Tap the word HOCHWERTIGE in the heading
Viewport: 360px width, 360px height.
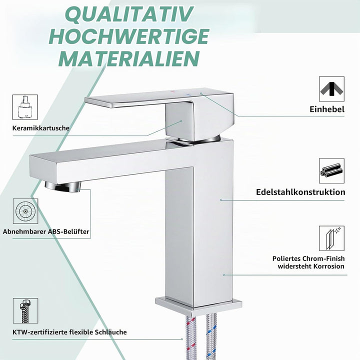129,36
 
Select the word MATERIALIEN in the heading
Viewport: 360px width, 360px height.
129,58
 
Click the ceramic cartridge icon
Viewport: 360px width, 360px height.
25,107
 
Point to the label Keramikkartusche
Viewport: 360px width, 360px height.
41,128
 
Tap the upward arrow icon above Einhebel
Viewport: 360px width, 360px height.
331,89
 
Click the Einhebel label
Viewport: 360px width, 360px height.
327,109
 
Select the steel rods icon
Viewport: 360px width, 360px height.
331,170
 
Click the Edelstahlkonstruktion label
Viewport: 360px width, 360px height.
300,192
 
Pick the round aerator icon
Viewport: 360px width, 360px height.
25,211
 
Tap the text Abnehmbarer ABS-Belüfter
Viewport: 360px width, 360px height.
46,231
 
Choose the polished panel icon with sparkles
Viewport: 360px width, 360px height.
331,238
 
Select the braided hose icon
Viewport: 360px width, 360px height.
25,311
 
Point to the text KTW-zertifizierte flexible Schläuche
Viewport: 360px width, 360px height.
69,332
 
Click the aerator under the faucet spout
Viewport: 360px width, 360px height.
63,186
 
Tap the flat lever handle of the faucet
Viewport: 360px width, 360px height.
159,98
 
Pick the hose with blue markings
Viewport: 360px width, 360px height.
211,336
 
